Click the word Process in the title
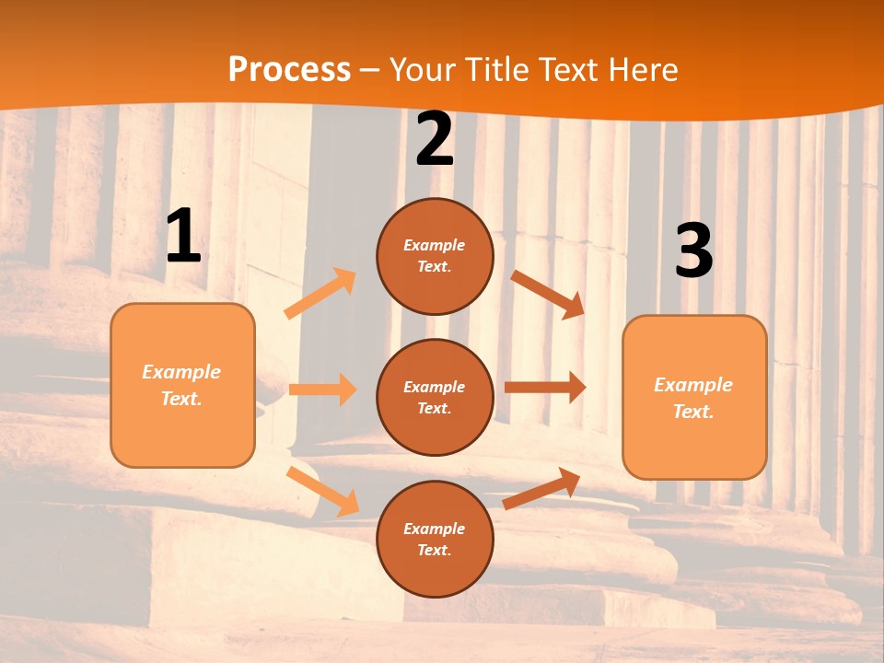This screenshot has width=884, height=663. pyautogui.click(x=289, y=70)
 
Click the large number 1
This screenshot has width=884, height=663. pyautogui.click(x=183, y=237)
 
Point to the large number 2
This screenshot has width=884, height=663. pyautogui.click(x=435, y=140)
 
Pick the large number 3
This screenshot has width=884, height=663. pyautogui.click(x=694, y=251)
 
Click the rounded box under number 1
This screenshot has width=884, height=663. pyautogui.click(x=182, y=385)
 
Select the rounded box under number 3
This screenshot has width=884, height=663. pyautogui.click(x=694, y=398)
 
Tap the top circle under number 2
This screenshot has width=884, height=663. pyautogui.click(x=435, y=256)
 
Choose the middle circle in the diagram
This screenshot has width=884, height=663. pyautogui.click(x=435, y=397)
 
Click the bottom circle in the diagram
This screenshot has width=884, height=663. pyautogui.click(x=435, y=539)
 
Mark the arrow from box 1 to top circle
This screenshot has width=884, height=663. pyautogui.click(x=320, y=294)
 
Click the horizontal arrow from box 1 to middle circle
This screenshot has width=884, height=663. pyautogui.click(x=322, y=390)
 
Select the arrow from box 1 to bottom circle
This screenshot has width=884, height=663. pyautogui.click(x=322, y=491)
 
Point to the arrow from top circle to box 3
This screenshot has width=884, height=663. pyautogui.click(x=548, y=294)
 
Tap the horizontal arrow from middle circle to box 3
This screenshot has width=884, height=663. pyautogui.click(x=545, y=388)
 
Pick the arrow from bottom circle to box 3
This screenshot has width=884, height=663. pyautogui.click(x=542, y=488)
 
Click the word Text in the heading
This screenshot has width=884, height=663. pyautogui.click(x=568, y=70)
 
